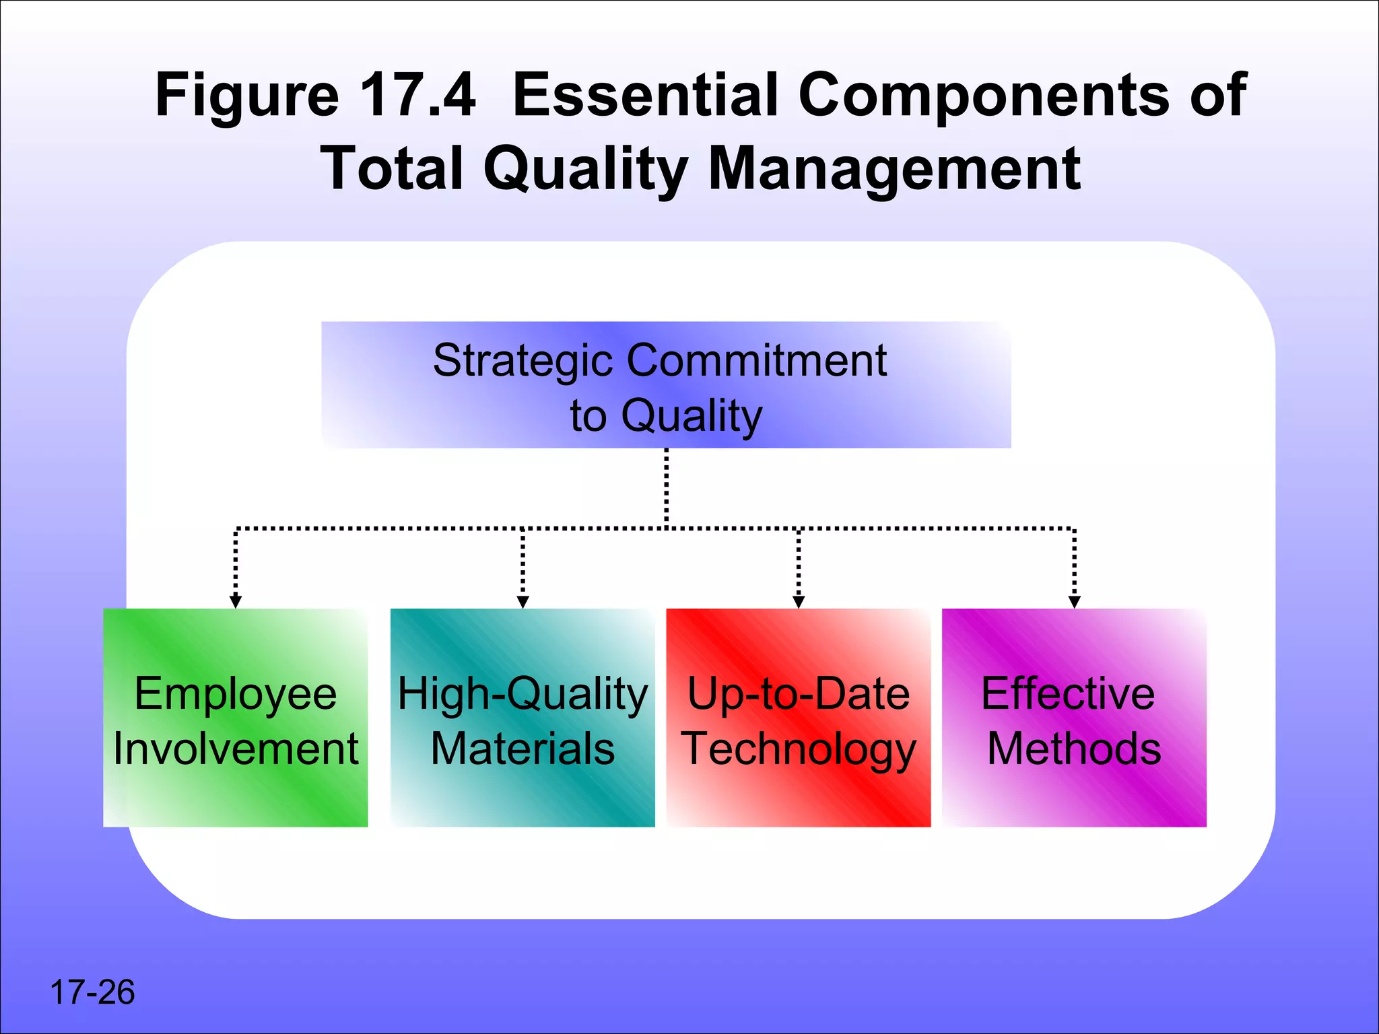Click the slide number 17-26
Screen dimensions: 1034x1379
92,992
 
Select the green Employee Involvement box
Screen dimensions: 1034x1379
235,718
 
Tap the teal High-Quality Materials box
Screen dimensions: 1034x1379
523,718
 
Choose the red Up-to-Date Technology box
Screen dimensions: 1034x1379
799,718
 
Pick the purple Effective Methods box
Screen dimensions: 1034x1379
1074,718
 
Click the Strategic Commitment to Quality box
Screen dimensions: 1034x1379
666,385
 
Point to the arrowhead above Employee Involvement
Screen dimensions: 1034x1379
235,602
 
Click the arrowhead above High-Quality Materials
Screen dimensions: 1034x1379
523,602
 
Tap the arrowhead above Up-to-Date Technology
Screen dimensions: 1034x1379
799,602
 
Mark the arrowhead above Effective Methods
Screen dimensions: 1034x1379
1075,602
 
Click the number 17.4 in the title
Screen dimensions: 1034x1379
417,95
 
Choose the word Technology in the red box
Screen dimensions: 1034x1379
799,749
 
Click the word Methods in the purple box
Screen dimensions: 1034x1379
1074,749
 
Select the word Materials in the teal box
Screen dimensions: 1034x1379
523,749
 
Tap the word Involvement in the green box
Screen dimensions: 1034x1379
236,749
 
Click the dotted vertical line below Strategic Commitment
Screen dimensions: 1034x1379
667,488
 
